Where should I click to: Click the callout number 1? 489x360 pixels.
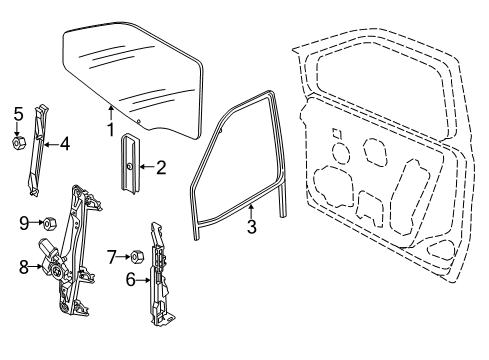coord(111,129)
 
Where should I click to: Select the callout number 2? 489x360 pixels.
coord(160,167)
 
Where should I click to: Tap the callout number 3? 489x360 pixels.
coord(252,226)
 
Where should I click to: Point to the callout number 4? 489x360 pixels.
coord(64,143)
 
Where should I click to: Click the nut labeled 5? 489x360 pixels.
coord(18,143)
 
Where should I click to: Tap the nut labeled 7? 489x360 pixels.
coord(136,258)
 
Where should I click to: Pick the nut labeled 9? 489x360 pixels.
coord(46,222)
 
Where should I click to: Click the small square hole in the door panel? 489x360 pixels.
coord(339,133)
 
